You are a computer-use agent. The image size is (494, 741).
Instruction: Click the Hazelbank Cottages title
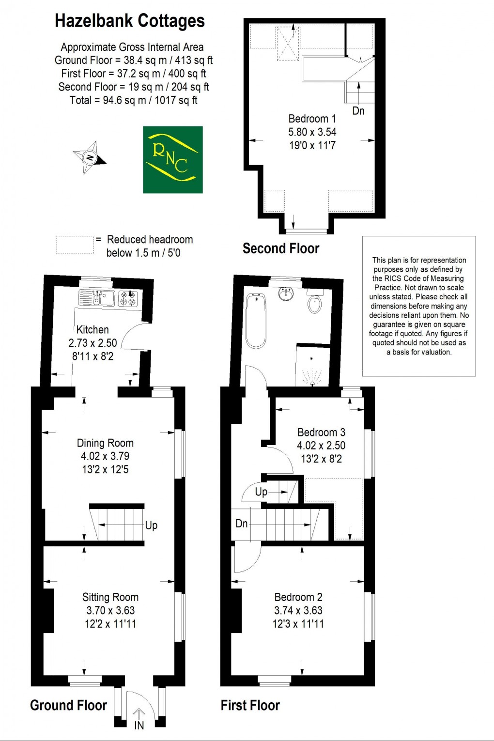(130, 21)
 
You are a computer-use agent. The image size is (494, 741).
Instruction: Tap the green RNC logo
(173, 159)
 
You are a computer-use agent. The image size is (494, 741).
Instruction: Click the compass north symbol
(90, 157)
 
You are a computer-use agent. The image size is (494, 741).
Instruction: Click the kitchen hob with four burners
(128, 298)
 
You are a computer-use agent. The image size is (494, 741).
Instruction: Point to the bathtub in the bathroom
(256, 321)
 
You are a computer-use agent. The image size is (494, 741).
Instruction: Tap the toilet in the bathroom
(315, 303)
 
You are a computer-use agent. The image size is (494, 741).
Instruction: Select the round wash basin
(286, 294)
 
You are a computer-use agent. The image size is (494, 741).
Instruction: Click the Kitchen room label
(93, 330)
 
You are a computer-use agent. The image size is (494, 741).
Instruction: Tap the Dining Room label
(105, 443)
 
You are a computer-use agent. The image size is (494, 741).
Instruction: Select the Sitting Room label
(110, 597)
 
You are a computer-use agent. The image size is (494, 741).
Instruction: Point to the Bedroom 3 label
(321, 432)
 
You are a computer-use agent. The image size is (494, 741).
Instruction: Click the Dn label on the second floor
(358, 111)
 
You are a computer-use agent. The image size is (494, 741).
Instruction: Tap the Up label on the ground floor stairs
(151, 525)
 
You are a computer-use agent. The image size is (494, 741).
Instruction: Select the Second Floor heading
(281, 248)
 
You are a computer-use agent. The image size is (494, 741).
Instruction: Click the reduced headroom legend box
(75, 245)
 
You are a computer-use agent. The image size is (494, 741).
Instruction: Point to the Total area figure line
(134, 100)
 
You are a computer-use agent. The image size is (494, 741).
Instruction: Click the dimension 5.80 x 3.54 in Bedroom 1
(312, 132)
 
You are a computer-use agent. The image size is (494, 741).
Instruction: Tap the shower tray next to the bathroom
(313, 366)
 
